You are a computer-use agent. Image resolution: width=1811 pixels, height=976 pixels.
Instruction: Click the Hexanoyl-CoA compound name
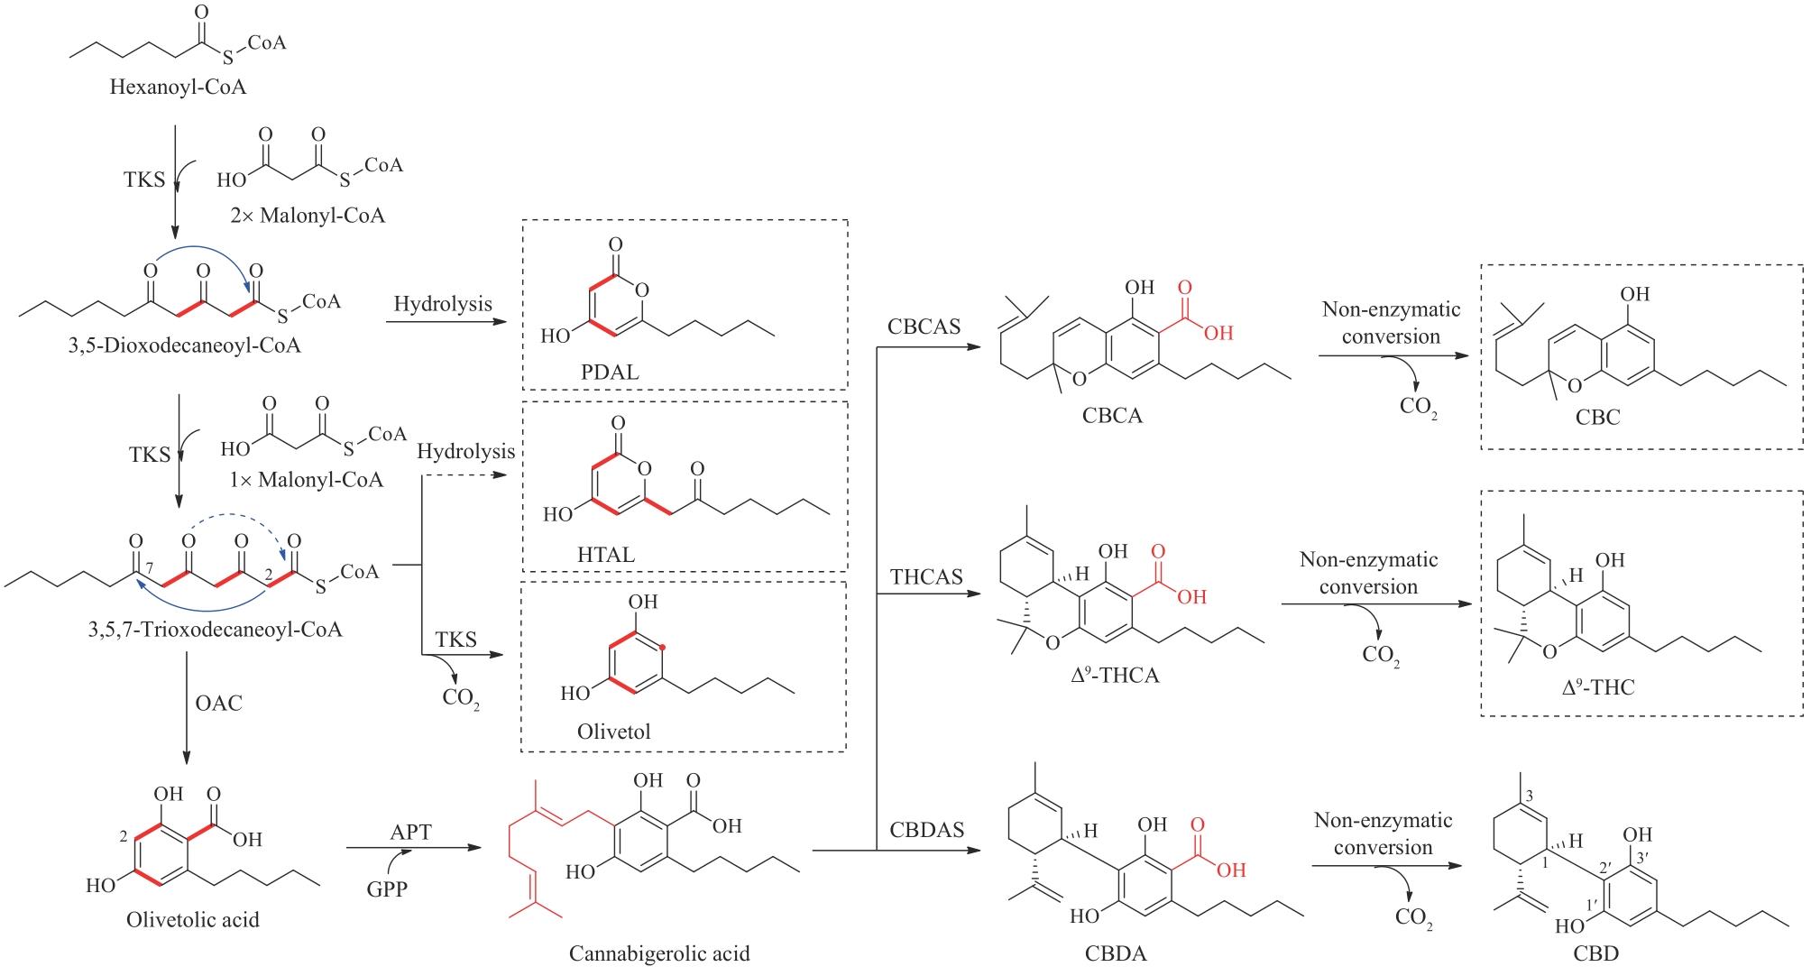178,87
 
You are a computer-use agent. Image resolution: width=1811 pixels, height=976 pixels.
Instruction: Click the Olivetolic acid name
193,919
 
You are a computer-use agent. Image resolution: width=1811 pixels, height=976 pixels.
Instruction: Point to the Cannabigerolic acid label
659,953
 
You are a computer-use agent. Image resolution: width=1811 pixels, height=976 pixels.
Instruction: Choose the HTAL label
605,554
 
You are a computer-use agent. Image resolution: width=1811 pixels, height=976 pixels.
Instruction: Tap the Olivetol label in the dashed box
613,731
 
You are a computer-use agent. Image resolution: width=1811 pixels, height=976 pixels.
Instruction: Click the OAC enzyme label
218,702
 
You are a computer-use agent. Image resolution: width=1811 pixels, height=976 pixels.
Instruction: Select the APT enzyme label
410,832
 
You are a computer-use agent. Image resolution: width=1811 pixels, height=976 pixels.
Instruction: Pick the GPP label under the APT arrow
387,889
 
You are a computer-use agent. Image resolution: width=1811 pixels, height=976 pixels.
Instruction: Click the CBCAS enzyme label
924,327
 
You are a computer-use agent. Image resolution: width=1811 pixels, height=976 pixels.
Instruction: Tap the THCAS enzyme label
926,576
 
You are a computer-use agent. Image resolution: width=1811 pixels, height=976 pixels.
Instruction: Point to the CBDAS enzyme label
926,828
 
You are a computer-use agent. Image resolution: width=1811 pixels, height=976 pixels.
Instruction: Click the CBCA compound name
1112,416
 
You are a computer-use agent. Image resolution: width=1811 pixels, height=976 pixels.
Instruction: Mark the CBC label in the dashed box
1597,417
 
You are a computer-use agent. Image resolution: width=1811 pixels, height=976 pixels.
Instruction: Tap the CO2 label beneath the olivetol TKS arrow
461,699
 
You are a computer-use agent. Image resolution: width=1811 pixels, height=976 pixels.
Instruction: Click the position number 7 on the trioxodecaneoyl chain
151,565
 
